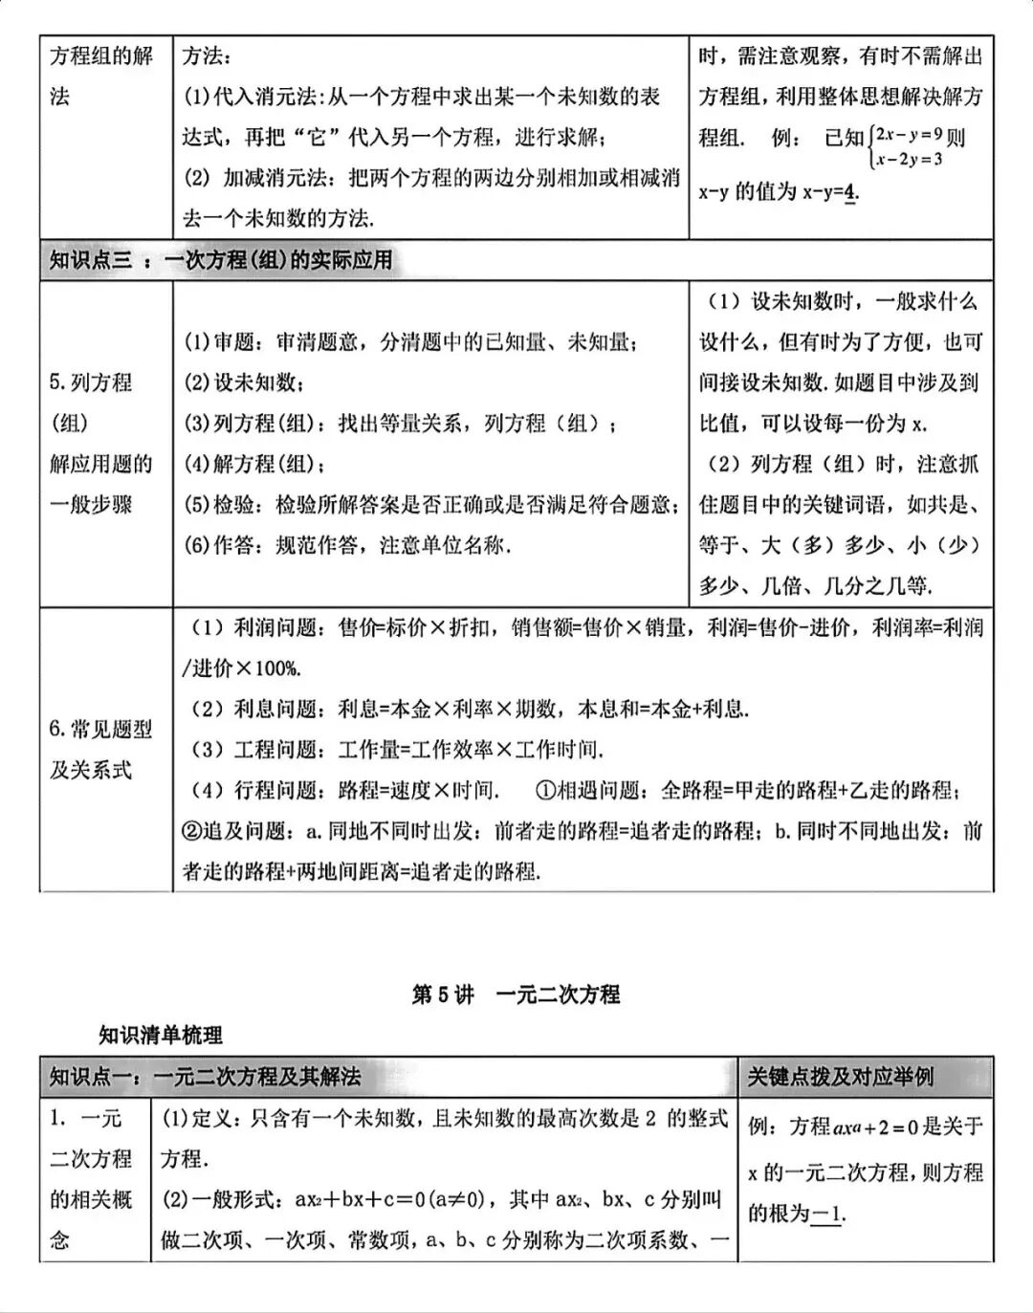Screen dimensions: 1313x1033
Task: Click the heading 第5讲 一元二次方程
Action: click(516, 995)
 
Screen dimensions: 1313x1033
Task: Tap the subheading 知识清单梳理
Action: click(160, 1035)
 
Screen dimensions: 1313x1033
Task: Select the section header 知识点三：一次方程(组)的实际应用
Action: click(221, 260)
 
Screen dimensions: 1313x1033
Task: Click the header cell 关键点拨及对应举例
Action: click(840, 1077)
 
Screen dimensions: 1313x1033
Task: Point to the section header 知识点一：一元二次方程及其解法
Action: click(205, 1077)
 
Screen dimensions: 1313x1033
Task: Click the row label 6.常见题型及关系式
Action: click(100, 749)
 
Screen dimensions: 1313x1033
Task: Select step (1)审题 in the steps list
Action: click(411, 341)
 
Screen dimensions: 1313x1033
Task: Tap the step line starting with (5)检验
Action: click(431, 504)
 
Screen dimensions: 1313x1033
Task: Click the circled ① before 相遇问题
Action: click(544, 790)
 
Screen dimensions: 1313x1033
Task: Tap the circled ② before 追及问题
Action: click(191, 831)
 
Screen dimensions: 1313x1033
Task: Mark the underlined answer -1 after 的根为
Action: click(827, 1215)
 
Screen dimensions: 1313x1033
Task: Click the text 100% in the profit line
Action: click(276, 668)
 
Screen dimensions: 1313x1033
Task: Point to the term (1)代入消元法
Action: click(253, 97)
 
